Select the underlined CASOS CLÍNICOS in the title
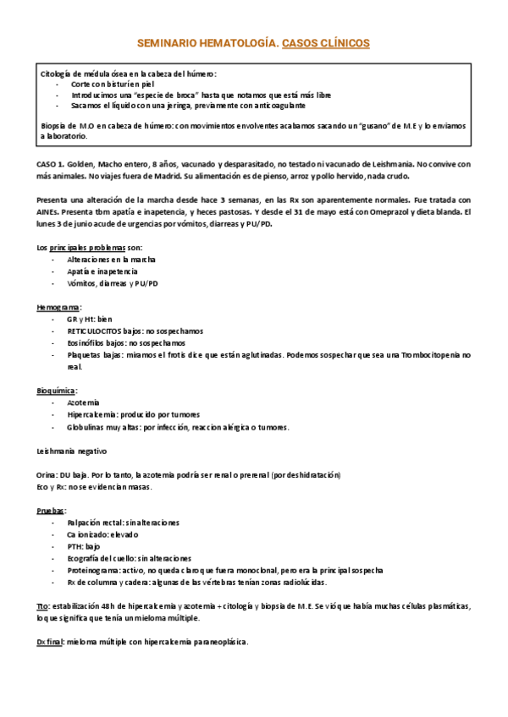(325, 41)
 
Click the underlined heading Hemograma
(58, 308)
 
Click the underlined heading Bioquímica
(58, 391)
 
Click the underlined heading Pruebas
(52, 511)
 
